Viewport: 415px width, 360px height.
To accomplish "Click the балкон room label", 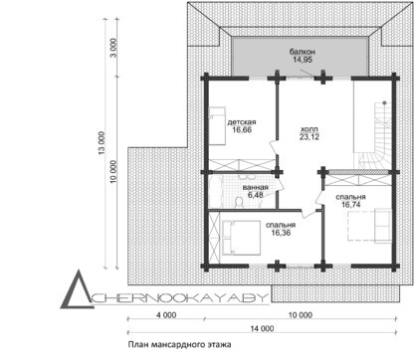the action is tap(302, 52).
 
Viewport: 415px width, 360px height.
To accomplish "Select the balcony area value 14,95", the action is tap(303, 60).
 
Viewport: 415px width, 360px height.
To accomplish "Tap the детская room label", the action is tap(242, 122).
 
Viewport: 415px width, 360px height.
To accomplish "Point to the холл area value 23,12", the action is tap(310, 137).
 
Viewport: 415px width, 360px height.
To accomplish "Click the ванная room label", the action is tap(255, 187).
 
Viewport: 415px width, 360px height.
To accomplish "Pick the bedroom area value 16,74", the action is tap(351, 205).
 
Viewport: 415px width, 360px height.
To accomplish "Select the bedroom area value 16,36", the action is tap(281, 233).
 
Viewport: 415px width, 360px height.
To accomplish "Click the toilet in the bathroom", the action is tap(238, 203).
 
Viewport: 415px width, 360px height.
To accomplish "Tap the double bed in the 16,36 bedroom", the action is tap(241, 238).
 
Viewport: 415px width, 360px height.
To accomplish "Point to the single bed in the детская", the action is tap(217, 125).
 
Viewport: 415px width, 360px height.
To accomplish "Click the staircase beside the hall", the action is tap(375, 136).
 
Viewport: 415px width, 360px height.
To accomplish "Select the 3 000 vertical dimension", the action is tap(113, 48).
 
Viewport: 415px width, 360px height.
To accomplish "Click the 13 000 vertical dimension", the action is tap(102, 144).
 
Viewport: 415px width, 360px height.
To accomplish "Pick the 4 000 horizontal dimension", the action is tap(166, 315).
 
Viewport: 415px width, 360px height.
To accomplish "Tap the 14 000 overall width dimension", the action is tap(262, 328).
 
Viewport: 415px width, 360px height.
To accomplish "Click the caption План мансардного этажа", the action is tap(179, 345).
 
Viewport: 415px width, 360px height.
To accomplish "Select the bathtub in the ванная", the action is tap(215, 192).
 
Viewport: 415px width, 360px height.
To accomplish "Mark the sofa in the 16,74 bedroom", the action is tap(382, 226).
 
